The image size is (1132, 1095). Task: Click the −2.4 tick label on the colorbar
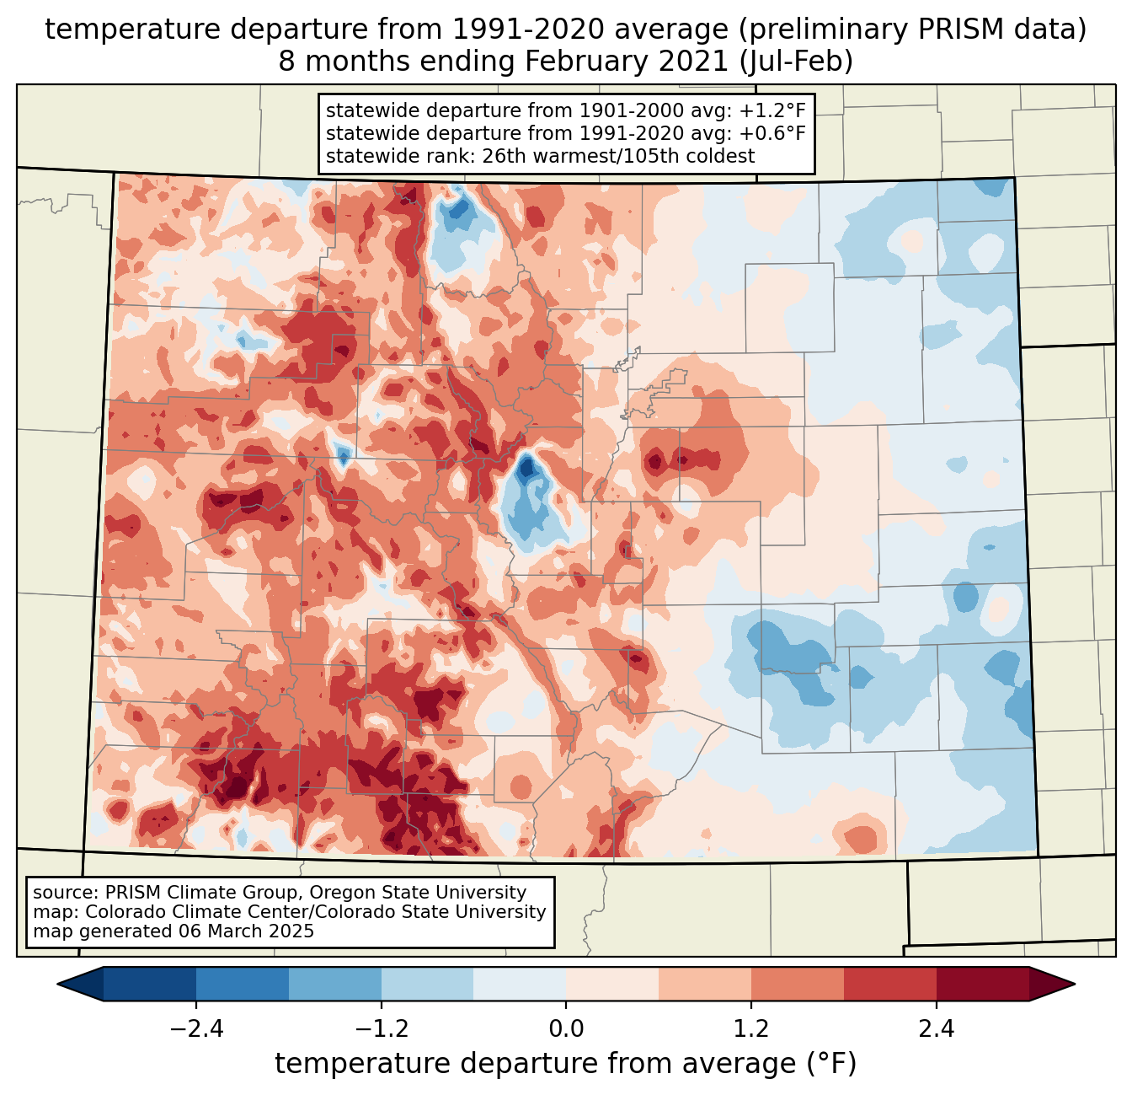click(x=196, y=1029)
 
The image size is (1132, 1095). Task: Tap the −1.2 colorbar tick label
click(x=381, y=1029)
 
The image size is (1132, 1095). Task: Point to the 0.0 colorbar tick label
click(x=566, y=1029)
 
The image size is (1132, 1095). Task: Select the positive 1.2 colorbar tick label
click(x=751, y=1029)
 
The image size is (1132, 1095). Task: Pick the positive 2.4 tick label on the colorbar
click(x=936, y=1029)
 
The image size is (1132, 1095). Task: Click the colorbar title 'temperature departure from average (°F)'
click(x=565, y=1064)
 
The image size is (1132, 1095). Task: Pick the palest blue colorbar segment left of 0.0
click(x=520, y=984)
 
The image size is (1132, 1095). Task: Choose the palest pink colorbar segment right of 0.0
click(x=612, y=984)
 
